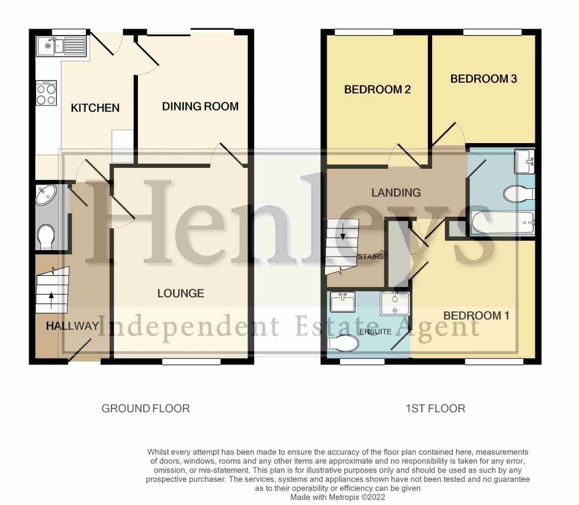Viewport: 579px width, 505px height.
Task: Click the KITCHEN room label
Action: [95, 108]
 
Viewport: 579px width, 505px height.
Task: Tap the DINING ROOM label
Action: [200, 107]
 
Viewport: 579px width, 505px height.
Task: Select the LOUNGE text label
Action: [181, 293]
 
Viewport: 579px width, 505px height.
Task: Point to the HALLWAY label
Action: [72, 326]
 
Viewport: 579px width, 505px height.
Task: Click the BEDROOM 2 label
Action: [377, 89]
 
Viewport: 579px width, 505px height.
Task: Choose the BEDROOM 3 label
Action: [483, 79]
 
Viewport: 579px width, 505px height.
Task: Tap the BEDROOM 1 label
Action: [476, 316]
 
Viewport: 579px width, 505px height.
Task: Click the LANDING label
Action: [396, 192]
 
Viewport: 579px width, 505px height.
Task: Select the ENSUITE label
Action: [375, 332]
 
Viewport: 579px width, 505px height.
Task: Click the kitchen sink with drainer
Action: [62, 46]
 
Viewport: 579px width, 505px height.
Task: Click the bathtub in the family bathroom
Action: [503, 223]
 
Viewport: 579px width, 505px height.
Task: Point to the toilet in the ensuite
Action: [344, 344]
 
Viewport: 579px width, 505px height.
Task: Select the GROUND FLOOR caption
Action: [145, 408]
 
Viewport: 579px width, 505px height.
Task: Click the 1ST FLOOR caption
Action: [435, 408]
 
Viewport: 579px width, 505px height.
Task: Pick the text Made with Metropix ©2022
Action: [338, 497]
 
